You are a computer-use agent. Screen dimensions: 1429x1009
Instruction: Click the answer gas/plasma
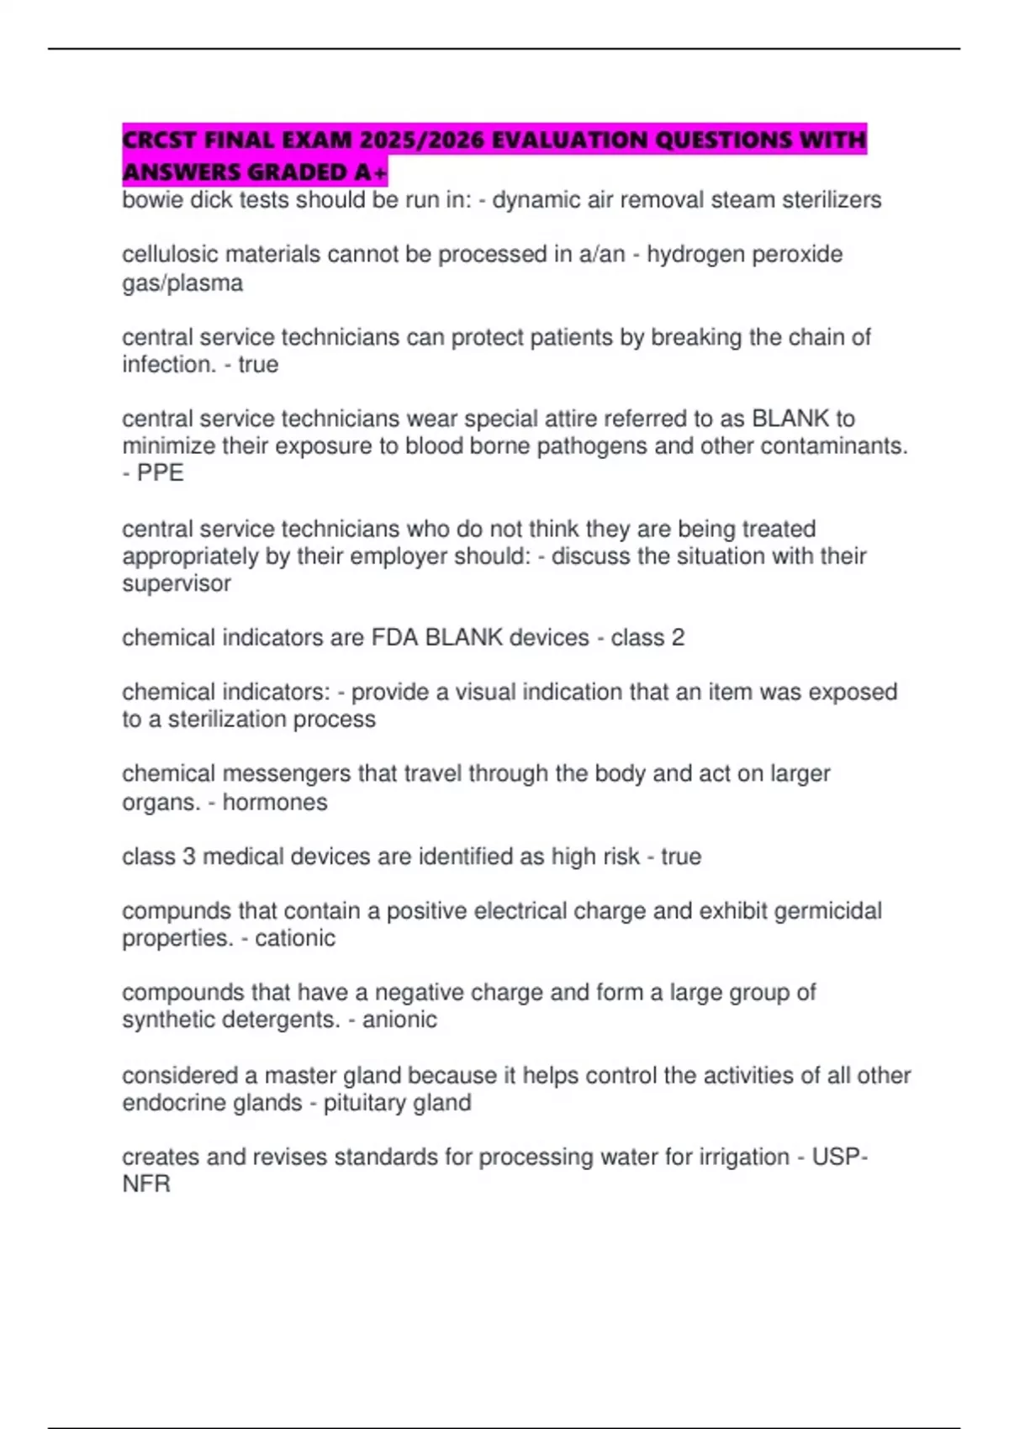(182, 283)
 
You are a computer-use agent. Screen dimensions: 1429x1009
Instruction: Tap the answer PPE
(160, 473)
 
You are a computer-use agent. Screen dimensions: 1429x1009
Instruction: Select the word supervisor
(176, 583)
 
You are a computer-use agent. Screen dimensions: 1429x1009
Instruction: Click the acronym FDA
(395, 638)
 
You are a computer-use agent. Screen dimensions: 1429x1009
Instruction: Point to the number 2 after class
(678, 638)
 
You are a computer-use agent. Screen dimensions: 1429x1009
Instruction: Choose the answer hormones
(275, 802)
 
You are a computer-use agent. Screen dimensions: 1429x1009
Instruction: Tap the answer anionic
(399, 1020)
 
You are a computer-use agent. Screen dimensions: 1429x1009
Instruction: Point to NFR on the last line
(146, 1184)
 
